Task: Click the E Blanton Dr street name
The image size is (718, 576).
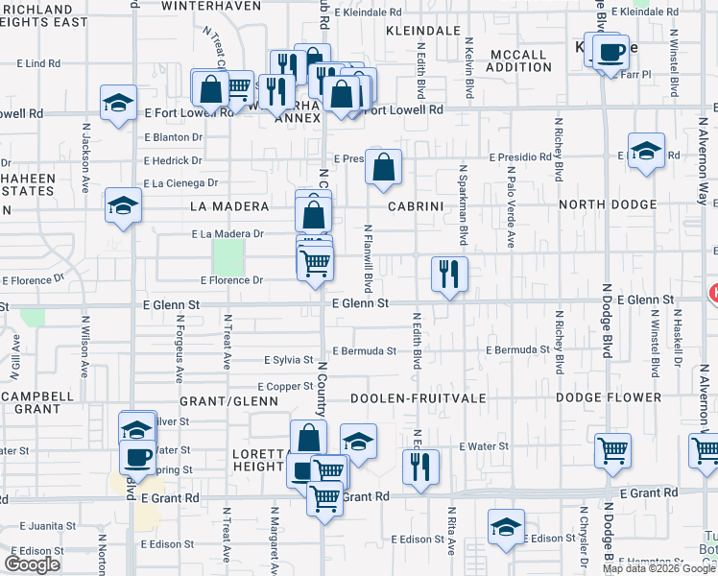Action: coord(174,136)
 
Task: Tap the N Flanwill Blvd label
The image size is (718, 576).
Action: coord(368,260)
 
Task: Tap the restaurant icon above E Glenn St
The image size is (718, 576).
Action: coord(449,274)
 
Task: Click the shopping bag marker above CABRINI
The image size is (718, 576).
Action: coord(383,167)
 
